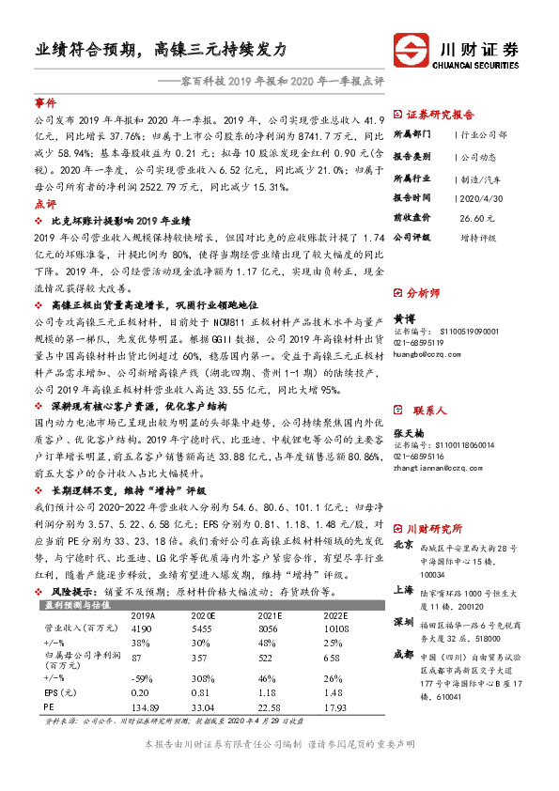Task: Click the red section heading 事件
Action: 45,101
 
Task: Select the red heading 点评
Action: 45,204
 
